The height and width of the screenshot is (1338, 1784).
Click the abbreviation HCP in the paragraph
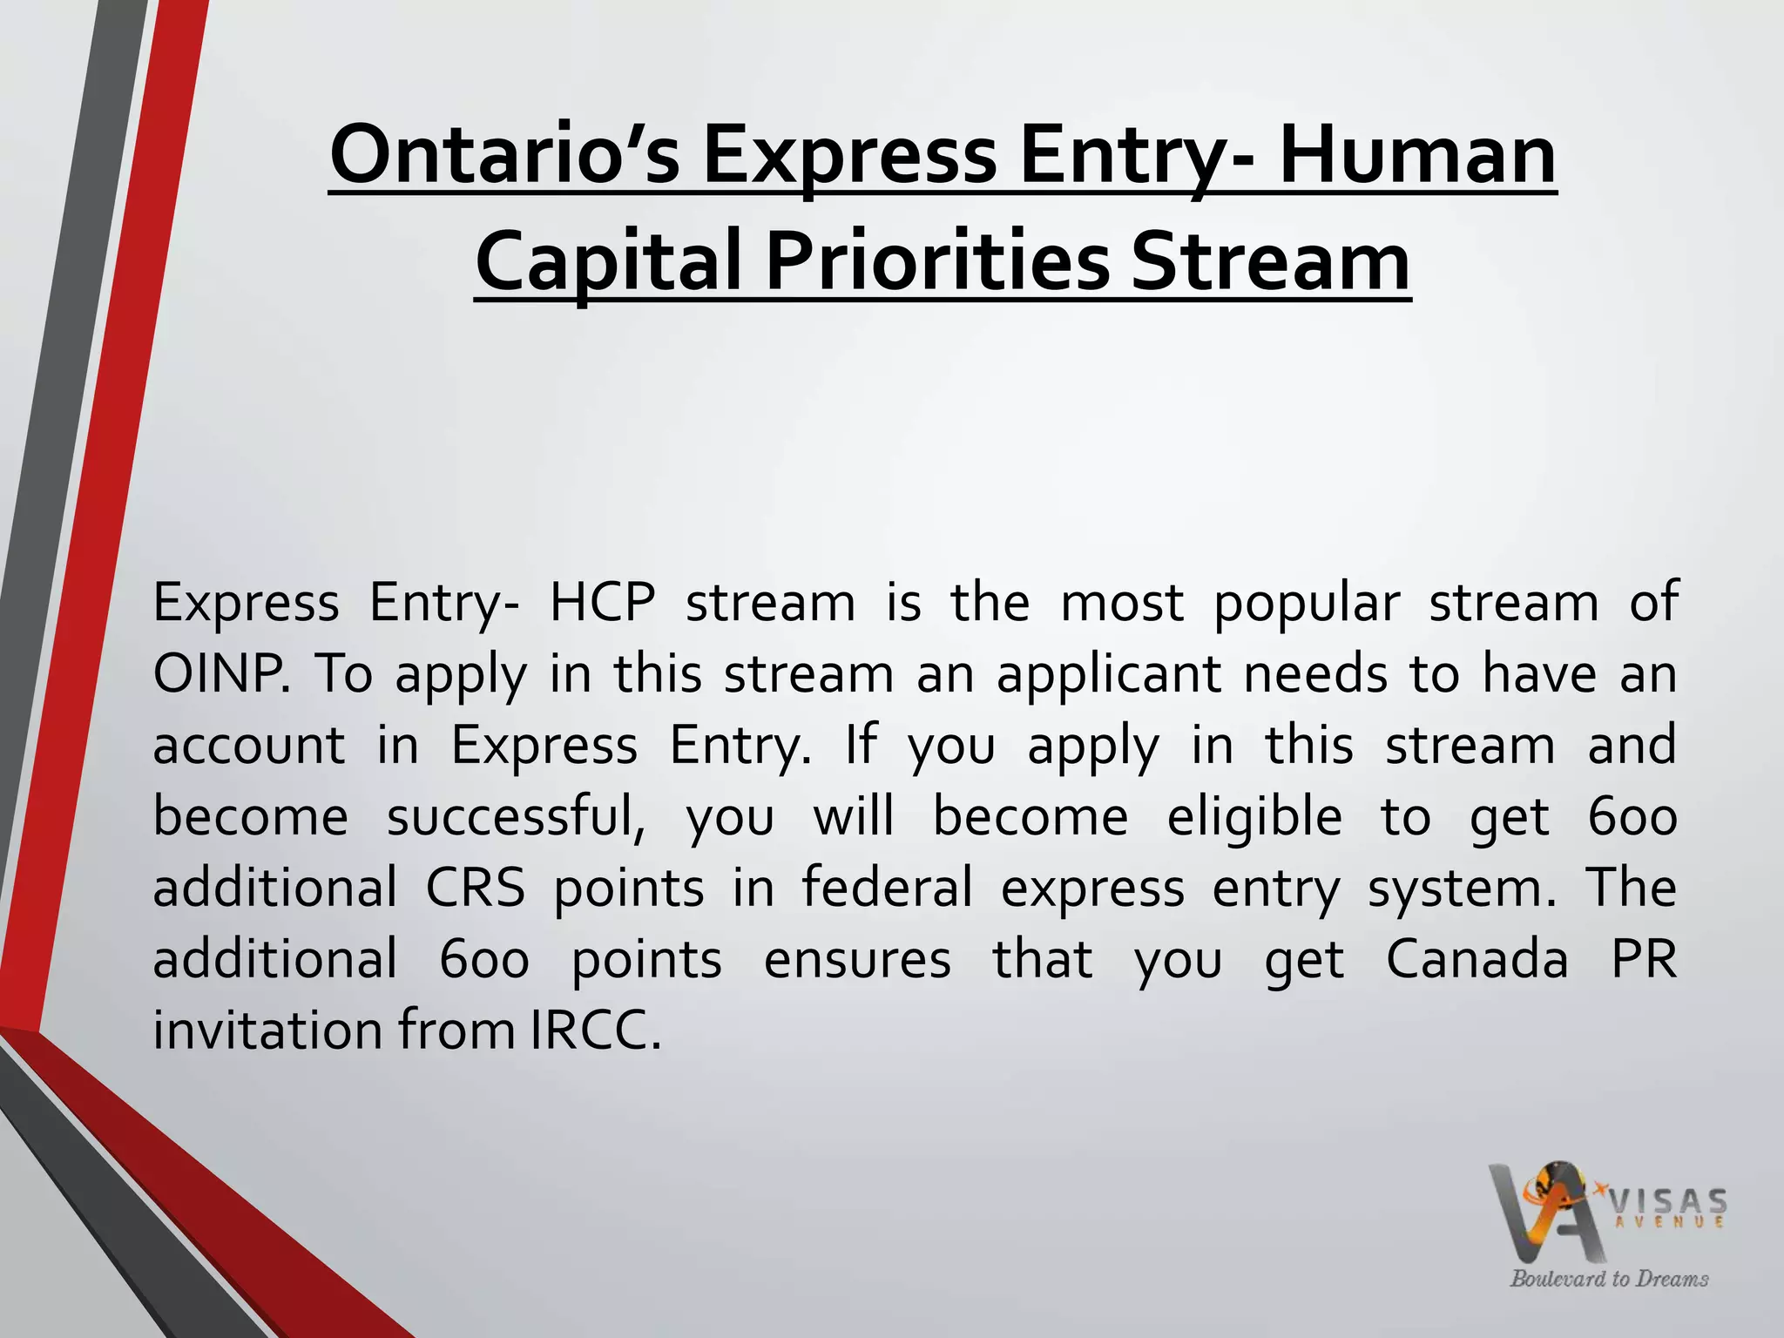(x=602, y=603)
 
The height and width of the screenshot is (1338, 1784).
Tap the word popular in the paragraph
(x=1307, y=603)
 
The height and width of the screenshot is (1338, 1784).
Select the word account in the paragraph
(x=249, y=746)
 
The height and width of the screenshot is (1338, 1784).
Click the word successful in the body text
(x=516, y=817)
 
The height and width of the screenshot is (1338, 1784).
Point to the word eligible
(x=1254, y=817)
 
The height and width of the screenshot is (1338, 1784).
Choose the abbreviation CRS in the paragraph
(x=476, y=889)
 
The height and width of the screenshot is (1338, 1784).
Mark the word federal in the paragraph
(x=887, y=889)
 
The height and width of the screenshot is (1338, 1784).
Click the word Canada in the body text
(x=1477, y=960)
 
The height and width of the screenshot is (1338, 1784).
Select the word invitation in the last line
(x=267, y=1031)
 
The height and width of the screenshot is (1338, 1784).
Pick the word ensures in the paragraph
(x=857, y=960)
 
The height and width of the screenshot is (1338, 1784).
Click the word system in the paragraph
(x=1461, y=889)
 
